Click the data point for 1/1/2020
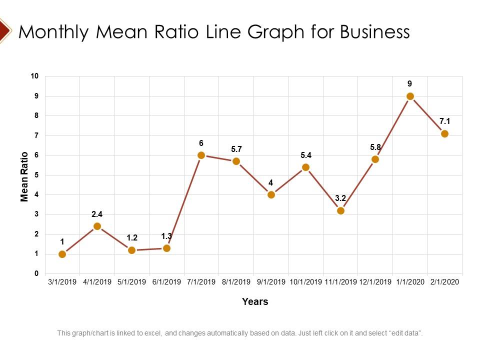(x=410, y=96)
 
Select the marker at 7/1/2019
(x=201, y=155)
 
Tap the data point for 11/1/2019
(x=340, y=210)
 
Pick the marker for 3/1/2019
(x=62, y=254)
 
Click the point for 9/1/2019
(x=271, y=194)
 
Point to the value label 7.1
(x=444, y=121)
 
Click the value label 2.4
(x=97, y=214)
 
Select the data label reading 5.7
(x=236, y=149)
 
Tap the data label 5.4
(x=305, y=155)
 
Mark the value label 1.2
(x=132, y=237)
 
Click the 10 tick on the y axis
(x=34, y=76)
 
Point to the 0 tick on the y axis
(x=36, y=273)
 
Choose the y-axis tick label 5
(x=36, y=175)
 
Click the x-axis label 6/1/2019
(x=166, y=282)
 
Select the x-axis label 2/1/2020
(x=444, y=282)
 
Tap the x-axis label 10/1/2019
(x=305, y=282)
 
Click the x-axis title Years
(x=255, y=301)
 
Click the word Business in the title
(x=375, y=32)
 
